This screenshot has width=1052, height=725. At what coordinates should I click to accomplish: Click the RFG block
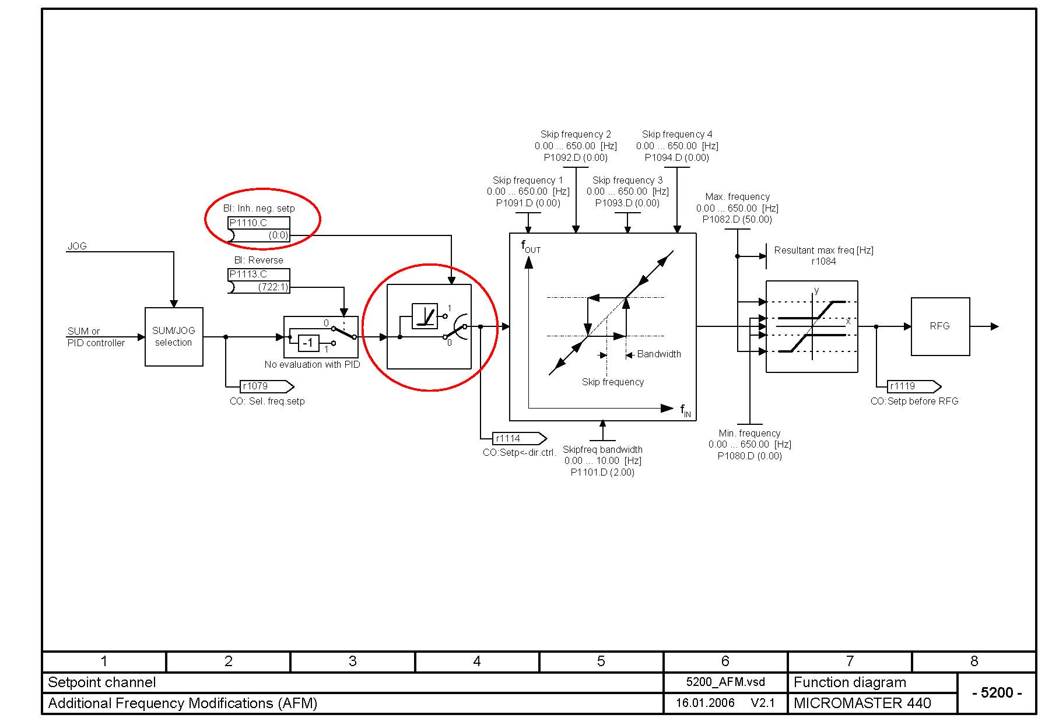(x=940, y=326)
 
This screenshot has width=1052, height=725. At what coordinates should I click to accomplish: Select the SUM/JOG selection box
(x=174, y=337)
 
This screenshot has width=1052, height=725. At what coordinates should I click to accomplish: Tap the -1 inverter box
(x=308, y=343)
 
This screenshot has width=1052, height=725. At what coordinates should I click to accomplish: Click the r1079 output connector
(x=267, y=386)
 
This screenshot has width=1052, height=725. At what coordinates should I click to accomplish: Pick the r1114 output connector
(x=520, y=438)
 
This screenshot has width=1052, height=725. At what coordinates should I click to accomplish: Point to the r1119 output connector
(x=914, y=386)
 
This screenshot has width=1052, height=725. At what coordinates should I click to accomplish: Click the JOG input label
(x=77, y=246)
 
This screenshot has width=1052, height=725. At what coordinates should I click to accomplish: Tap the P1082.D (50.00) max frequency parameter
(x=737, y=220)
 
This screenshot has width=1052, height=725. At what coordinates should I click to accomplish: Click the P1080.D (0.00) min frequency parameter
(x=750, y=456)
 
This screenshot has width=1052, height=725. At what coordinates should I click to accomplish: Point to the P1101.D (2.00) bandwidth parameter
(x=602, y=472)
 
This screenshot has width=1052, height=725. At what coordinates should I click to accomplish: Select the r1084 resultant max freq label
(x=823, y=262)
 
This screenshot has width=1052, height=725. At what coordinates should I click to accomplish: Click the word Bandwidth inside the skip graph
(x=659, y=354)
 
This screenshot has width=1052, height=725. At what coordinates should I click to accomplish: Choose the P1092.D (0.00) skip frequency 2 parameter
(x=576, y=157)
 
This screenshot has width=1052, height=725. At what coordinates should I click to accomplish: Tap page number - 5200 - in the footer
(x=997, y=692)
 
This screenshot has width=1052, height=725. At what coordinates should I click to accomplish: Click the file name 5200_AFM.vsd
(x=725, y=682)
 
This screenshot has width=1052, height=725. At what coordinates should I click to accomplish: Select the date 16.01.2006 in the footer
(x=705, y=703)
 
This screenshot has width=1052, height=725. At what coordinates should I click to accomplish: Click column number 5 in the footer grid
(x=601, y=661)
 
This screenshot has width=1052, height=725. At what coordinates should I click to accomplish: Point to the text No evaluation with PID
(x=312, y=364)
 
